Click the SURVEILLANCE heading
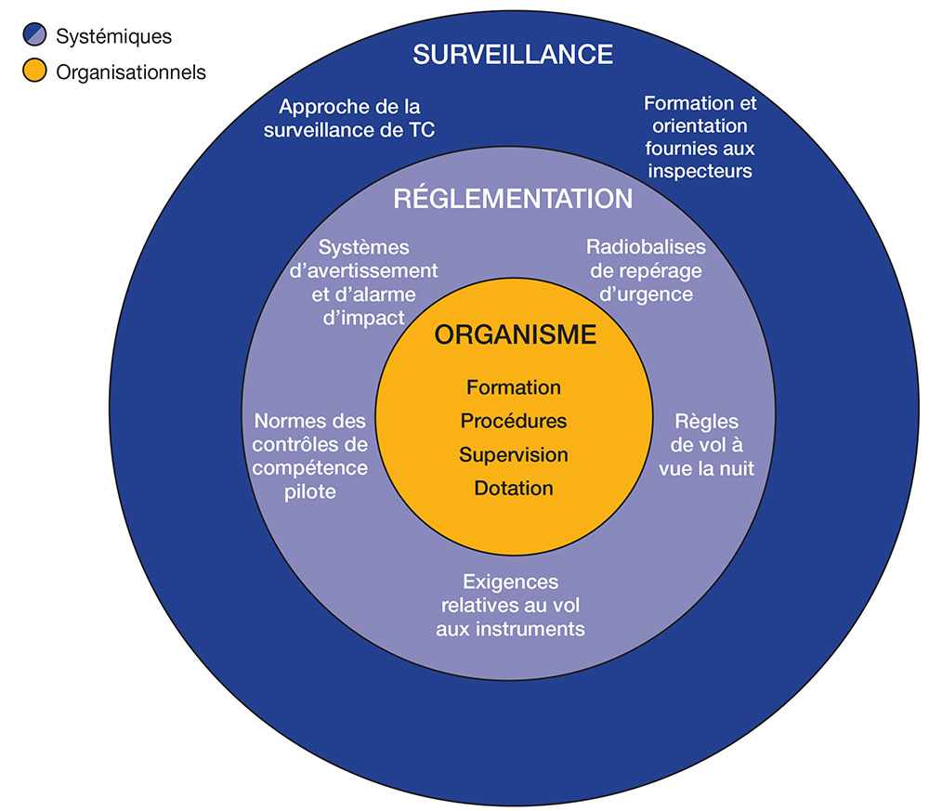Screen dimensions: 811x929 513,54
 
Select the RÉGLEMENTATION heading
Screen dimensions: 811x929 513,199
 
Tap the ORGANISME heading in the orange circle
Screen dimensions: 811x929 515,335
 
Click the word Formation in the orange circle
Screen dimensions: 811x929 514,387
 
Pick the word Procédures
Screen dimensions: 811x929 514,421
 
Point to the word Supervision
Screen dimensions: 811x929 514,455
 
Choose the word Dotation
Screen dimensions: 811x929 514,489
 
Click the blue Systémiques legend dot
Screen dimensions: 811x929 34,37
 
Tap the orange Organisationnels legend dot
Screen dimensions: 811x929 34,71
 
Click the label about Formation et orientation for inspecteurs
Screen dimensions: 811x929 700,137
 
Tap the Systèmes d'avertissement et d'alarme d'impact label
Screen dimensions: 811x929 364,282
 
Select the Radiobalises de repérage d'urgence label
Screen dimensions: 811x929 646,270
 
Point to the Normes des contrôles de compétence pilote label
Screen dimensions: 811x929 310,455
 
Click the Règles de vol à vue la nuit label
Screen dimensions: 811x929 706,444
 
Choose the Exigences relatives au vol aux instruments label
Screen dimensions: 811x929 511,605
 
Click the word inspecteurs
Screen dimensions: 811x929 700,171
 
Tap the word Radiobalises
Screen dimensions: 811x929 646,247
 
